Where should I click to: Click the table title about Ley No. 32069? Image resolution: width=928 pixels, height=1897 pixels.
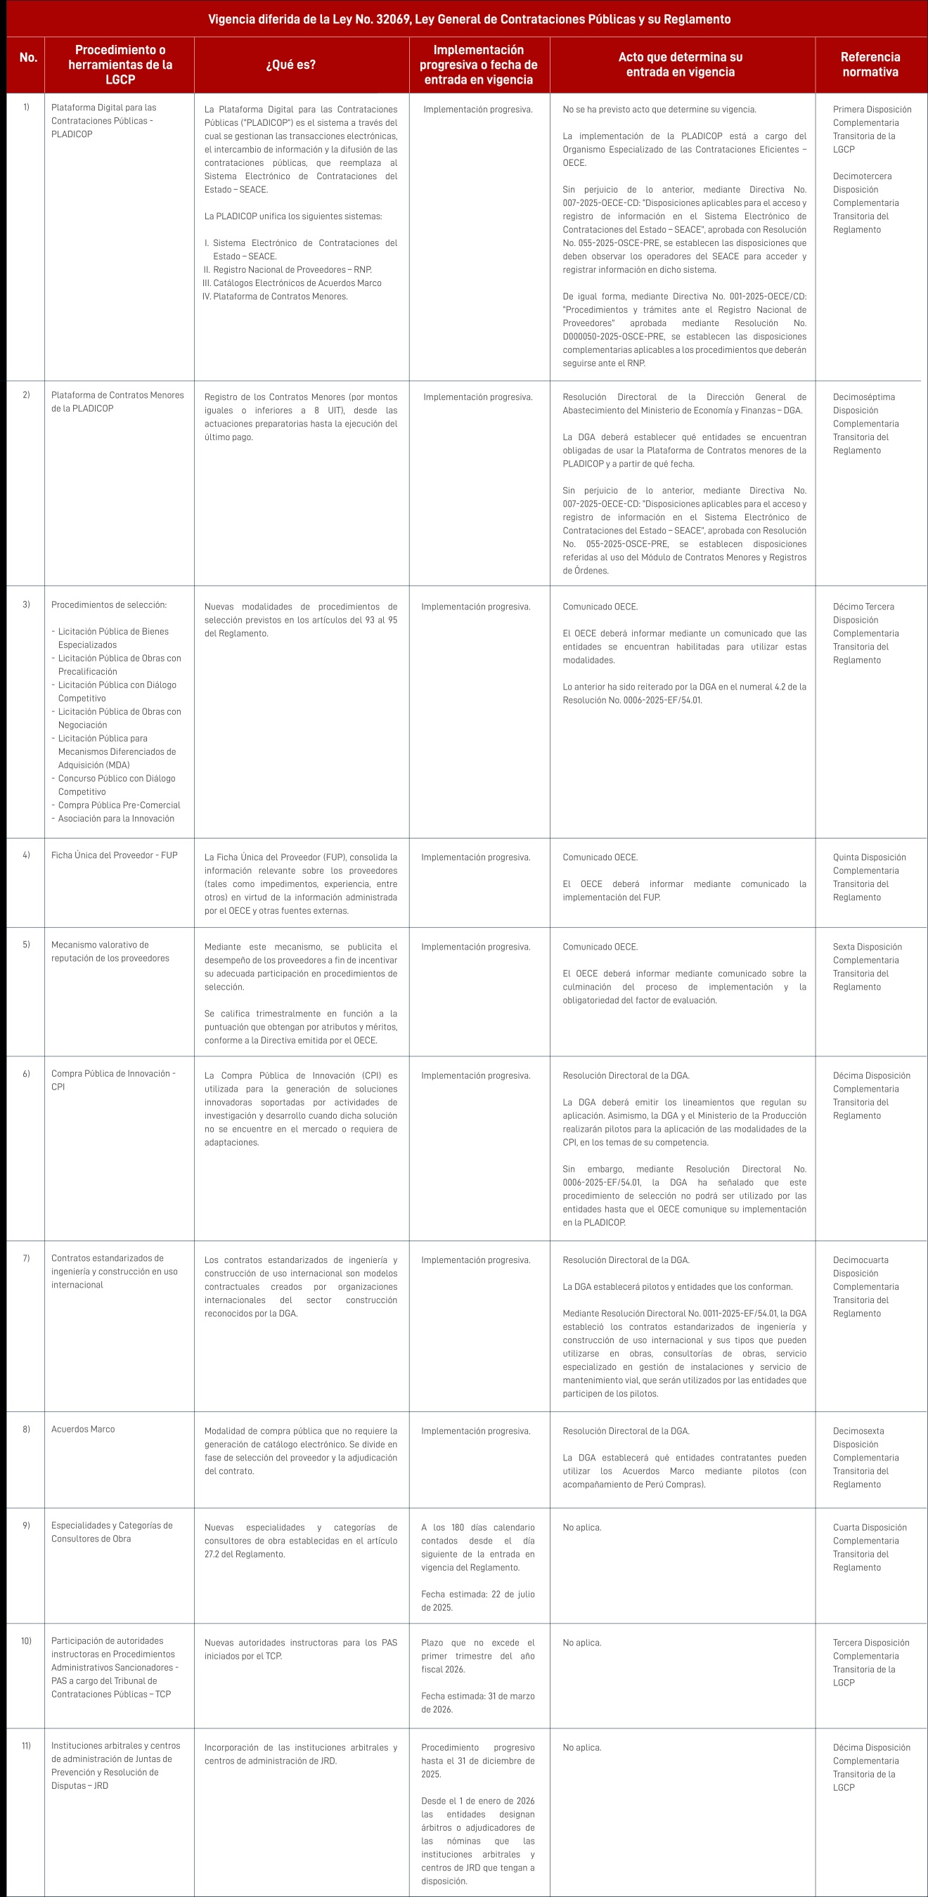coord(469,19)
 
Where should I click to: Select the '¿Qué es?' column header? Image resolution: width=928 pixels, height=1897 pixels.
coord(291,65)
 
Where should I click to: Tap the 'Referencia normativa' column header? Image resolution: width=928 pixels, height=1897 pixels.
coord(870,65)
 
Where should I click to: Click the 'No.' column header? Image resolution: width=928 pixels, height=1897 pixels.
coord(28,58)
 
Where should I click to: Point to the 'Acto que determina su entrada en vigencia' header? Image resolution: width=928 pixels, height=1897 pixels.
coord(680,65)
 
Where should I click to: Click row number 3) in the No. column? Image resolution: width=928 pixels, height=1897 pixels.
coord(27,604)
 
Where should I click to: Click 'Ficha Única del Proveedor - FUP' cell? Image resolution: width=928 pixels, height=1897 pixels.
coord(114,855)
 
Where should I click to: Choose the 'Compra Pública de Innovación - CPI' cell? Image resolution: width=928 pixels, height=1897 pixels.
coord(112,1080)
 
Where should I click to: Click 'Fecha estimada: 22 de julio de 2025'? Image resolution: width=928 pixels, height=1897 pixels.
coord(477,1600)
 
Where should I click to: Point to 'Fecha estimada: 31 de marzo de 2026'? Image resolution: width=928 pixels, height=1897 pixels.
coord(477,1702)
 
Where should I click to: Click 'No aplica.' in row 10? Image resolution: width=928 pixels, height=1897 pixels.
coord(582,1642)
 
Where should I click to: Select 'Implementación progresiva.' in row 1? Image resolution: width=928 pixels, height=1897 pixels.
coord(477,110)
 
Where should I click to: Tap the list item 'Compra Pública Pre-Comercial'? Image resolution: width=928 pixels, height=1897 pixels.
coord(120,805)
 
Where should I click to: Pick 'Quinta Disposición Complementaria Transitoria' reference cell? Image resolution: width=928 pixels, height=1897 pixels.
coord(869,876)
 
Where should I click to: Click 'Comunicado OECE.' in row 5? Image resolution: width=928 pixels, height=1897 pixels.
coord(600,947)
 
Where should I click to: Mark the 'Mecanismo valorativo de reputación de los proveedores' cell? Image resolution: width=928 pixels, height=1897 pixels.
coord(110,952)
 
